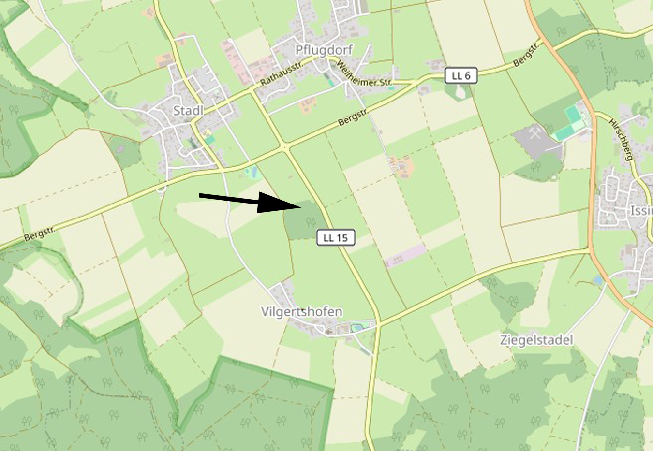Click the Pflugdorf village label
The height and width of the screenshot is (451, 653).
(x=324, y=50)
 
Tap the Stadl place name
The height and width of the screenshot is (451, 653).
(x=188, y=111)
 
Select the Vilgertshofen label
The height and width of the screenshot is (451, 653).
(x=302, y=312)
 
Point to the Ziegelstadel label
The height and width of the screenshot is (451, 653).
(x=536, y=340)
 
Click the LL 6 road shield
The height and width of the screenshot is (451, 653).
(x=461, y=76)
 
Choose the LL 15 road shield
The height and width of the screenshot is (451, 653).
(x=336, y=238)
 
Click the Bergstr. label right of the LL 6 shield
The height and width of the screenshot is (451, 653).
(x=526, y=57)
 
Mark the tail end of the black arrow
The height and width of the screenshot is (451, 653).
(x=200, y=195)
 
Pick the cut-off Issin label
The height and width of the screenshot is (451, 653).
(x=641, y=211)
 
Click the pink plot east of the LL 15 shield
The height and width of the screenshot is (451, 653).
(x=405, y=256)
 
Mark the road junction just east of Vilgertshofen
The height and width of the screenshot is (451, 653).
(x=379, y=324)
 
